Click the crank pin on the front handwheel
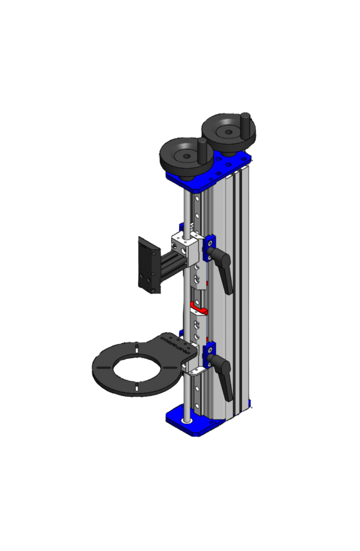pyautogui.click(x=203, y=151)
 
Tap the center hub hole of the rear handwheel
pyautogui.click(x=228, y=132)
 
